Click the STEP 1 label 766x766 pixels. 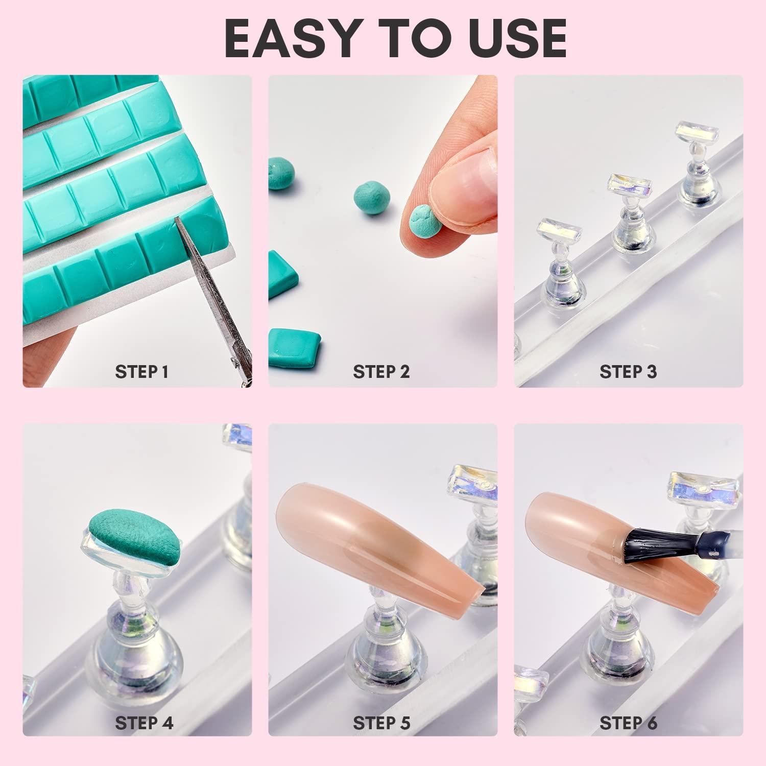coord(141,371)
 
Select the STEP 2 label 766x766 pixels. coord(381,371)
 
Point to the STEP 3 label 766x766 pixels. coord(628,371)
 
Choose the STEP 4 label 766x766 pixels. coord(144,723)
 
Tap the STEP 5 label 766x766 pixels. coord(381,723)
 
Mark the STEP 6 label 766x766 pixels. coord(628,723)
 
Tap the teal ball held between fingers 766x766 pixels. coord(424,220)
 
